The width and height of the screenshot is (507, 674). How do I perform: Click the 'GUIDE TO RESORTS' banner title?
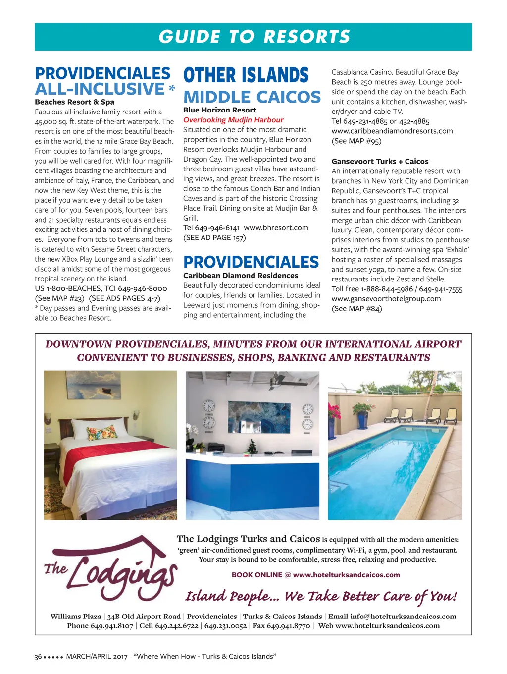(x=254, y=37)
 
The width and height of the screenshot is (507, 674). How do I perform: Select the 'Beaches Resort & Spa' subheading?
(x=74, y=102)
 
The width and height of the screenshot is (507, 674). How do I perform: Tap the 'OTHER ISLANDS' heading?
(x=246, y=76)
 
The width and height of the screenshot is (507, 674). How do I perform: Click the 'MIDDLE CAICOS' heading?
(x=252, y=97)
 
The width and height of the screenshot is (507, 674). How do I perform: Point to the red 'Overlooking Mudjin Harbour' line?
(x=233, y=120)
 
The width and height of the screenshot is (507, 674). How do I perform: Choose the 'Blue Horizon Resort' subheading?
(x=220, y=110)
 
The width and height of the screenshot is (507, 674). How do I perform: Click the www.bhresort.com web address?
(x=276, y=228)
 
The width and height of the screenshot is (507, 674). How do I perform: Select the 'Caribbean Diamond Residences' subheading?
(x=241, y=276)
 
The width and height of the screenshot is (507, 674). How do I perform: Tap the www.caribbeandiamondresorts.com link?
(x=392, y=131)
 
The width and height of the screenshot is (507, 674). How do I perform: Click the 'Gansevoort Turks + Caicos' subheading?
(x=380, y=161)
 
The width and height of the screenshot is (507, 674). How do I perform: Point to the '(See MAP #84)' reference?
(x=356, y=308)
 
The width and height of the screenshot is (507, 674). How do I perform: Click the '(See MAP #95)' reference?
(x=356, y=141)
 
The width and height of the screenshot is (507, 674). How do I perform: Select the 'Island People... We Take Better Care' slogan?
(x=321, y=596)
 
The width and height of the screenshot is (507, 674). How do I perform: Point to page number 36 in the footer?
(x=38, y=657)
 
